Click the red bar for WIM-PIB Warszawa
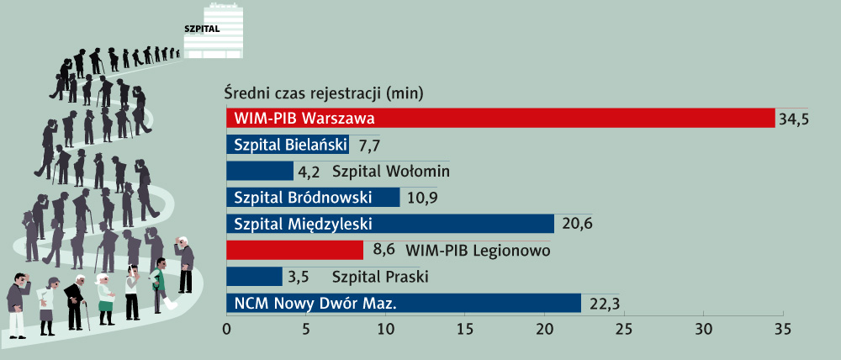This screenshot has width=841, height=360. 500,118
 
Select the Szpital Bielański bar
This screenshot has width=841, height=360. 288,145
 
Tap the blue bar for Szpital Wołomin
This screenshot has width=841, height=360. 260,171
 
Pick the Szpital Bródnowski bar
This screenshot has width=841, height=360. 313,198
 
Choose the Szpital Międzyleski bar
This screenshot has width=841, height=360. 390,224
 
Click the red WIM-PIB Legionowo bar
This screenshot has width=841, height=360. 294,250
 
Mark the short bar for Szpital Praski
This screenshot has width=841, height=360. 254,277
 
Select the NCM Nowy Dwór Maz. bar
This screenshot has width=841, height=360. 404,303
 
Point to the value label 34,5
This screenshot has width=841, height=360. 794,119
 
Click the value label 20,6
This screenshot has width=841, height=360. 577,225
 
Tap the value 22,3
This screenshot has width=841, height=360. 605,304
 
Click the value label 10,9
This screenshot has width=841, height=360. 423,198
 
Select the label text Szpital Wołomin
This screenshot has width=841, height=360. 390,171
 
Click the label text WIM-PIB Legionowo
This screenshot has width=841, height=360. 478,251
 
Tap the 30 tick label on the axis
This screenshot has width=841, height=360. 704,328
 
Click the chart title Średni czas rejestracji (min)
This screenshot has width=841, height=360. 324,94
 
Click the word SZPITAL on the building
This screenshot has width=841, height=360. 202,29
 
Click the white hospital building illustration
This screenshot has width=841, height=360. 214,30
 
